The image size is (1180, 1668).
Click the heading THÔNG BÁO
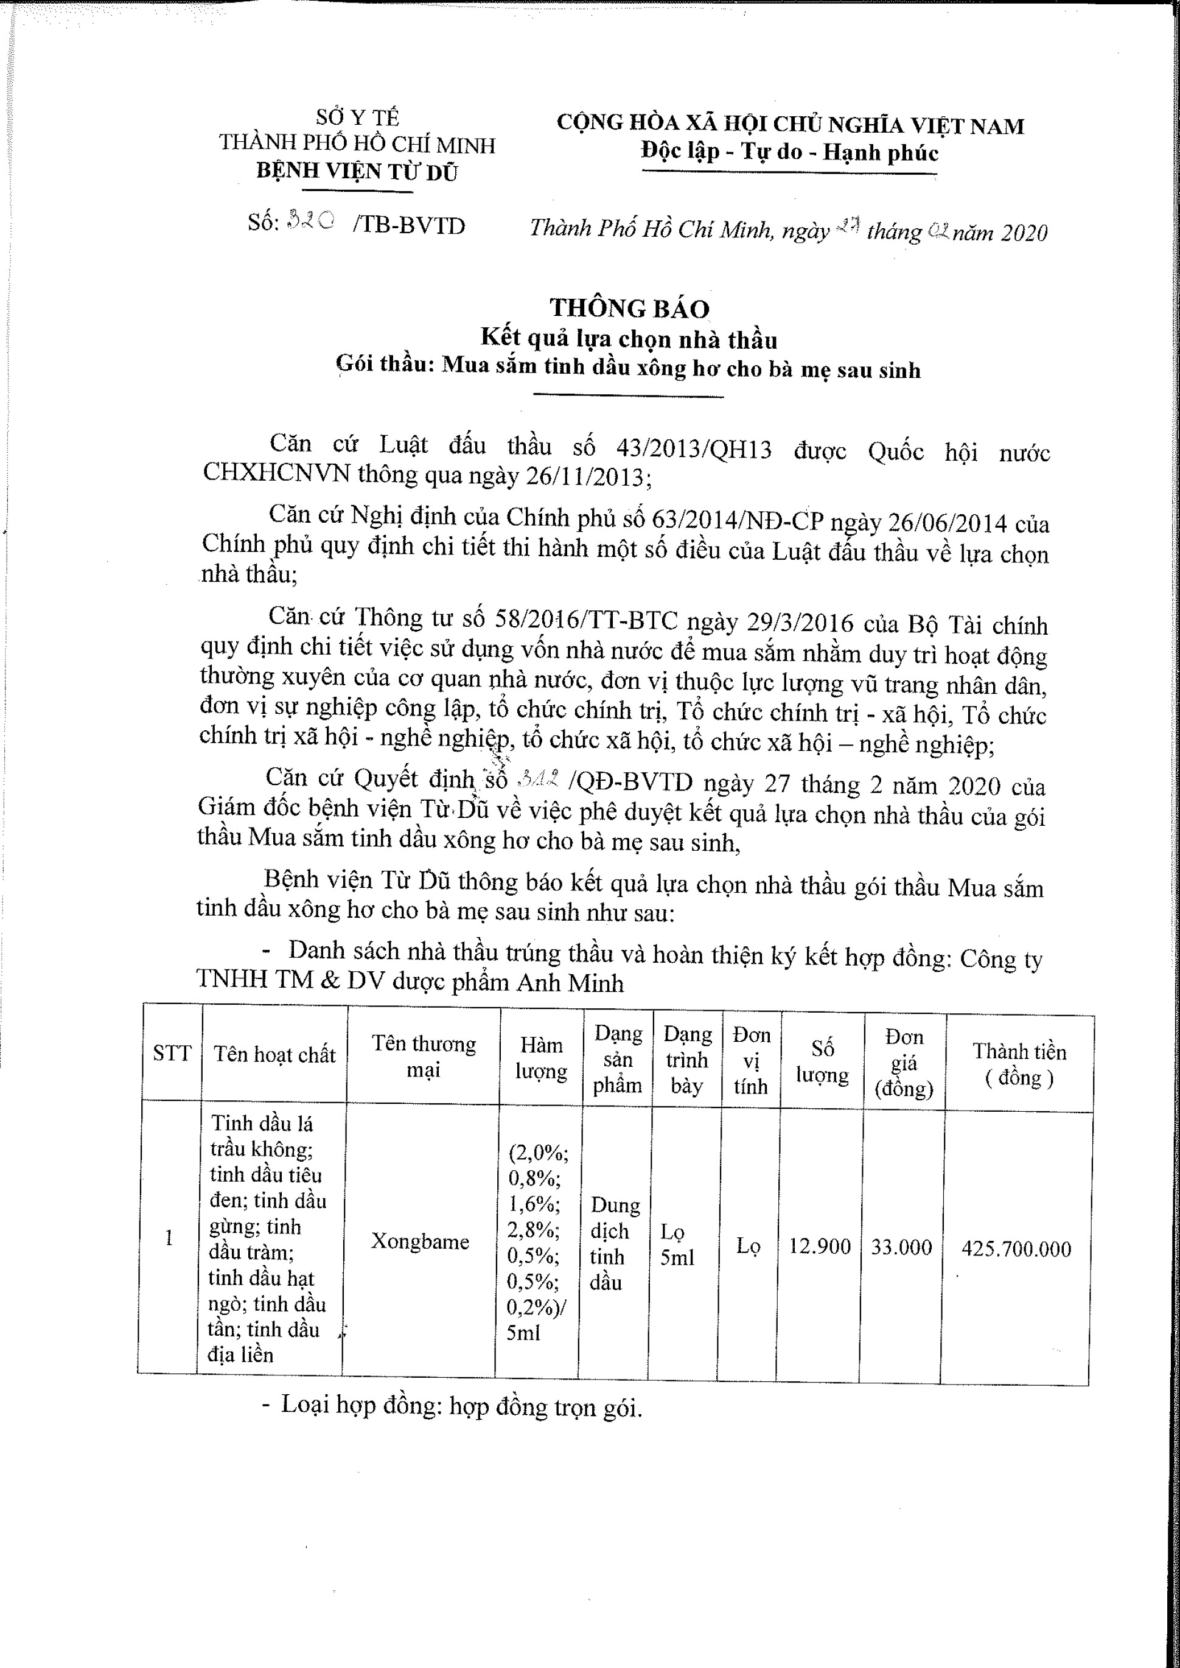[629, 308]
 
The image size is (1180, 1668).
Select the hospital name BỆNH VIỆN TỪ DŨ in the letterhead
[357, 172]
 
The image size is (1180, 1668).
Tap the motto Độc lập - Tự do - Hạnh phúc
[789, 152]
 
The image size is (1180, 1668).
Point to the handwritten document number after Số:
[311, 221]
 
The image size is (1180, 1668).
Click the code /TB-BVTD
[409, 225]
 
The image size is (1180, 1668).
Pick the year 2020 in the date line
[1024, 232]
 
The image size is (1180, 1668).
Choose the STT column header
[172, 1053]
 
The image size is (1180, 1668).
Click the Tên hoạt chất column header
[274, 1054]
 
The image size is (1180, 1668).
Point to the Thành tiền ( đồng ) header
[1019, 1064]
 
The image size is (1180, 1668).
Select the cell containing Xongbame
[420, 1241]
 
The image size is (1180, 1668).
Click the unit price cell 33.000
[901, 1248]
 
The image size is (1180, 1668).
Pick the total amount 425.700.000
[1016, 1249]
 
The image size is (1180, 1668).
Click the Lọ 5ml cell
[677, 1244]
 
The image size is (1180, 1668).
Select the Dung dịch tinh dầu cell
[615, 1243]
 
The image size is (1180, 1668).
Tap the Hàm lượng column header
[542, 1058]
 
